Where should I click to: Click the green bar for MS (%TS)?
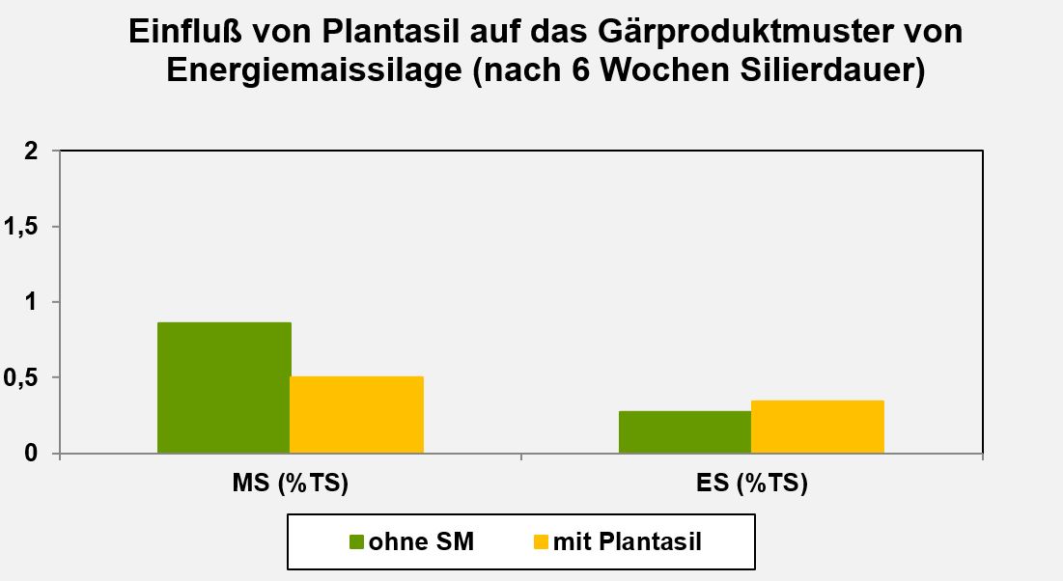pyautogui.click(x=224, y=387)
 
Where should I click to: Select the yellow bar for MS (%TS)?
pyautogui.click(x=357, y=414)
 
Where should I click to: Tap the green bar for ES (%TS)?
pyautogui.click(x=685, y=431)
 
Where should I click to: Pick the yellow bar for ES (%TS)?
pyautogui.click(x=818, y=427)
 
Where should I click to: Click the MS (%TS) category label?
pyautogui.click(x=291, y=484)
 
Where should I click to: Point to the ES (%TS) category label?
pyautogui.click(x=751, y=484)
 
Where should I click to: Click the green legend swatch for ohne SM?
pyautogui.click(x=356, y=542)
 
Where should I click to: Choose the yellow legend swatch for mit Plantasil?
pyautogui.click(x=541, y=542)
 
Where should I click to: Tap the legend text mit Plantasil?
pyautogui.click(x=628, y=542)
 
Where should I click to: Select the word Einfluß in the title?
pyautogui.click(x=183, y=33)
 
